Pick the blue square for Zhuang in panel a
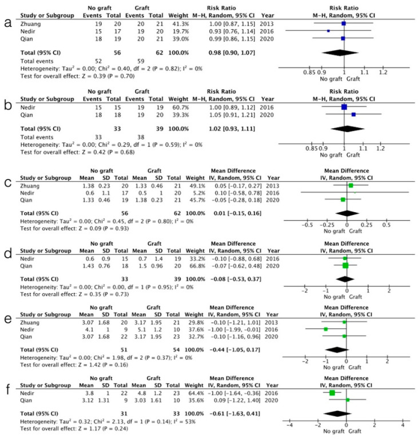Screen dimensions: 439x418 point(344,23)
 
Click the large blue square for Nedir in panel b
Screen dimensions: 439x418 point(344,107)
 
